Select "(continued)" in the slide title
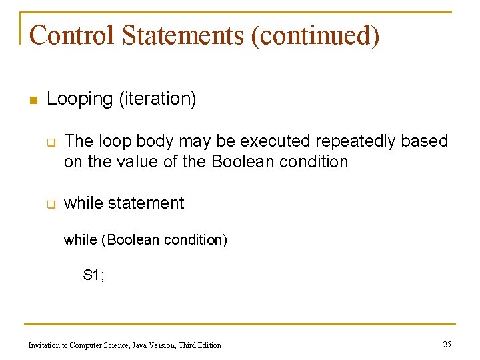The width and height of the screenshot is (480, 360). tap(315, 35)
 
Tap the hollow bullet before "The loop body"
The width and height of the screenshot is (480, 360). tap(49, 142)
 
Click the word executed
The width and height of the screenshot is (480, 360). tap(274, 141)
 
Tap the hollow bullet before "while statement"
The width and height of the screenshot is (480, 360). tap(49, 204)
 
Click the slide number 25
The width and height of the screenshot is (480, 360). tap(447, 344)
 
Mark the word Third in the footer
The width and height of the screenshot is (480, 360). tap(189, 345)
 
